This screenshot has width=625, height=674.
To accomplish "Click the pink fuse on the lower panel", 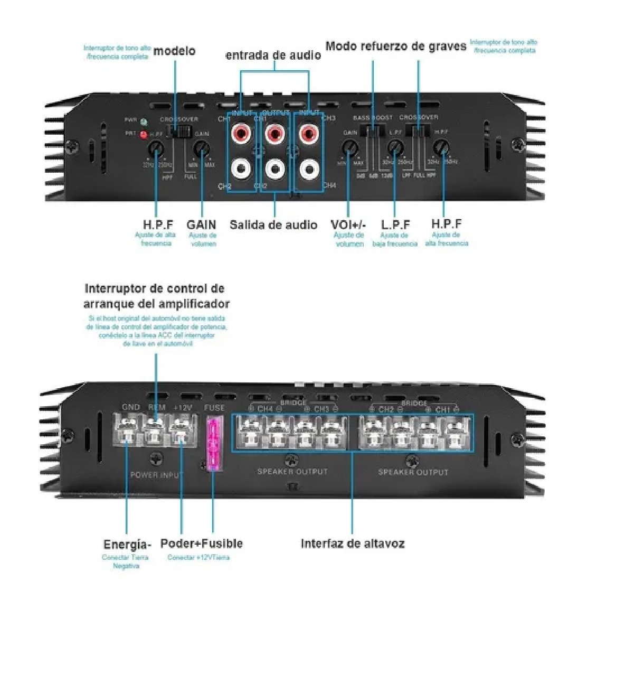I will (213, 444).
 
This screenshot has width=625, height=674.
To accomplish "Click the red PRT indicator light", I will (143, 135).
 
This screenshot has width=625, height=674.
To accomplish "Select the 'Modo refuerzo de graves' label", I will (395, 46).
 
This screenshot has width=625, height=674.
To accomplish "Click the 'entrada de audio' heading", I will (273, 55).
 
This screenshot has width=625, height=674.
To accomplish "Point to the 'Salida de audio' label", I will (273, 225).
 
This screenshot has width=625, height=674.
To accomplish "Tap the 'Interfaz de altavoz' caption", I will (352, 544).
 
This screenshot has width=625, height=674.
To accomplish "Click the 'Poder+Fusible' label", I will (201, 544).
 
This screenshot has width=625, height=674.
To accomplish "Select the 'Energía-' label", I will (127, 545).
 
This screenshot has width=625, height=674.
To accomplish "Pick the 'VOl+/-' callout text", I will (348, 225).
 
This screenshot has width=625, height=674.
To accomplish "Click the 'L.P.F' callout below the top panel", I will (395, 225).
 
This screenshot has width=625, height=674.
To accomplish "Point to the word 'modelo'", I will (174, 51).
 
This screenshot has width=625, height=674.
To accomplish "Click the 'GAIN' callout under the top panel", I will (201, 225).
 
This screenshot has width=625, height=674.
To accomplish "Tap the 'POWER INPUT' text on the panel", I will (156, 475).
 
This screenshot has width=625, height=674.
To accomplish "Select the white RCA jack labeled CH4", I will (309, 170).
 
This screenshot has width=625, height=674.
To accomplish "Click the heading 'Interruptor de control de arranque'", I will (155, 289).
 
